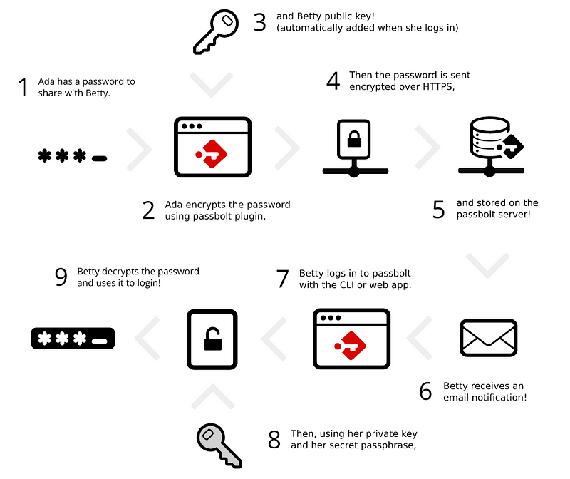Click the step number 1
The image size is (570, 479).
[23, 88]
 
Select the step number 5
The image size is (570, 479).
[438, 209]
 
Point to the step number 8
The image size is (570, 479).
[274, 440]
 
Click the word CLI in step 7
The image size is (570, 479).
[348, 285]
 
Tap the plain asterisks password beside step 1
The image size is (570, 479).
[72, 155]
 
